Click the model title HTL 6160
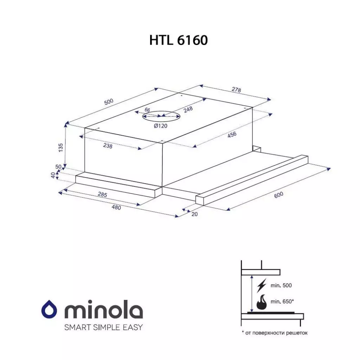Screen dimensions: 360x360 pos(179,40)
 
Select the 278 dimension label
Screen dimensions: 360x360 pos(237,90)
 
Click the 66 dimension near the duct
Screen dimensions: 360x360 pos(147,110)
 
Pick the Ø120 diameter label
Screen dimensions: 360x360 pos(160,126)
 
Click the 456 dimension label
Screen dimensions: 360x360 pos(232,135)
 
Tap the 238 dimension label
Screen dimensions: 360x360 pos(108,146)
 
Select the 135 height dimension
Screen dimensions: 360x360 pos(60,148)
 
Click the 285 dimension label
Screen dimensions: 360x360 pos(102,194)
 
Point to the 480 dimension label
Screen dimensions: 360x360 pos(116,207)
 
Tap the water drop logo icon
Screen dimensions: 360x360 pos(50,310)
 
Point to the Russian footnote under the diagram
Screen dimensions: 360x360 pos(274,333)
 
